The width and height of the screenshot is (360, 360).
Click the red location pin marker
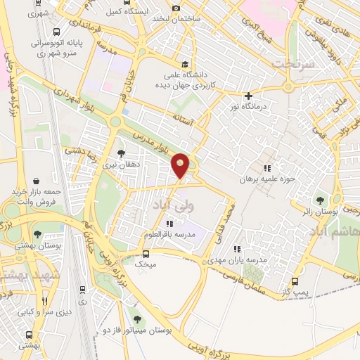(x=181, y=165)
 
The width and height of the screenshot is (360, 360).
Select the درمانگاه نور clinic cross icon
(x=247, y=96)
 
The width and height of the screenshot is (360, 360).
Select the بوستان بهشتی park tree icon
(x=37, y=236)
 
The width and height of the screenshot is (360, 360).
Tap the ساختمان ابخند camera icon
(x=176, y=8)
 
